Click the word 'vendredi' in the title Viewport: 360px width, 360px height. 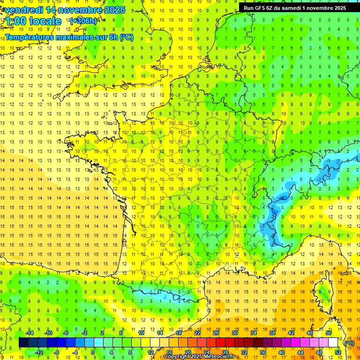(x=24, y=10)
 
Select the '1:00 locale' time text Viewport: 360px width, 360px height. (x=33, y=21)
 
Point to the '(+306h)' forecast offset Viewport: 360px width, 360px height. (x=83, y=21)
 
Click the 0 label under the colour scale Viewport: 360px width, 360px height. (x=93, y=352)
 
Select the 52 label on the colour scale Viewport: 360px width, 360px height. (x=337, y=352)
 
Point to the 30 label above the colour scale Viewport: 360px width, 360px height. (x=234, y=333)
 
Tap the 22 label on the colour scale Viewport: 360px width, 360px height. (x=197, y=333)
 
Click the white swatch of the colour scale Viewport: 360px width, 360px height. (x=333, y=343)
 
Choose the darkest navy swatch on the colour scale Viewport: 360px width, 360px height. (x=23, y=343)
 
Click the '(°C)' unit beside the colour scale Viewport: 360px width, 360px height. (x=349, y=343)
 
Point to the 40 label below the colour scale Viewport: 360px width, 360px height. (x=281, y=352)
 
